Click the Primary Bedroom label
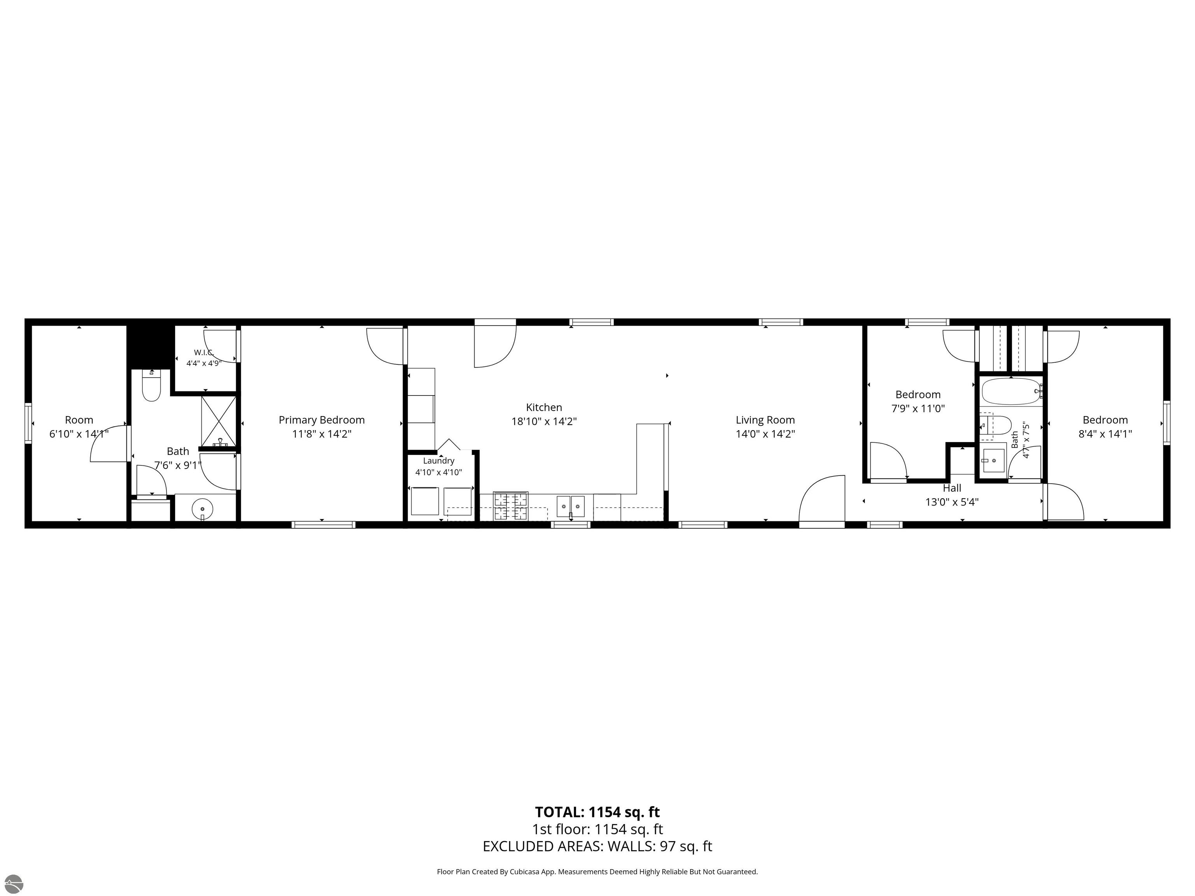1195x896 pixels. (x=321, y=420)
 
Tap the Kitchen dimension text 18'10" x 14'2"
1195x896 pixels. (x=544, y=421)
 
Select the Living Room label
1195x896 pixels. (x=765, y=420)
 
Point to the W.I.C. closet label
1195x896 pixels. (x=204, y=352)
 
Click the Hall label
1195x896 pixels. (x=952, y=488)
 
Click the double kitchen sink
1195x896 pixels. (x=571, y=506)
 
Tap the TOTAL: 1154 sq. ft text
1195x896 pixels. (x=597, y=812)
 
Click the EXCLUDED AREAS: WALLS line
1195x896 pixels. (x=597, y=846)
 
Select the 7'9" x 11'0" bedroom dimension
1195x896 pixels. (x=918, y=408)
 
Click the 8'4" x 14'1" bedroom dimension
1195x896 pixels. (x=1105, y=434)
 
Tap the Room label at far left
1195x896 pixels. (x=79, y=420)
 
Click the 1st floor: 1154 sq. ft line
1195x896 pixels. (x=597, y=829)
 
